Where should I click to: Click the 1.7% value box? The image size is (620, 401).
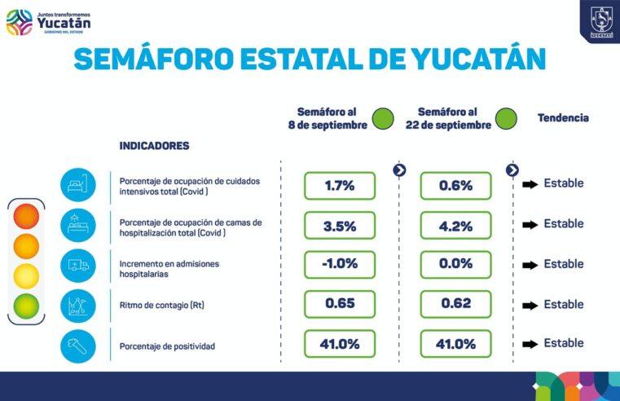pyautogui.click(x=339, y=185)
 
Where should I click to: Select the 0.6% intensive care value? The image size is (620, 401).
pyautogui.click(x=455, y=185)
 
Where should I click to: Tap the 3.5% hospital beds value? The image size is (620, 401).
pyautogui.click(x=339, y=226)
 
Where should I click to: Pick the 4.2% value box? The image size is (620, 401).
pyautogui.click(x=455, y=226)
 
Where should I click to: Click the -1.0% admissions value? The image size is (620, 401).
pyautogui.click(x=339, y=265)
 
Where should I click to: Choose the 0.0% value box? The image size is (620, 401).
pyautogui.click(x=455, y=265)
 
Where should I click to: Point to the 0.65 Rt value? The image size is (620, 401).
pyautogui.click(x=339, y=304)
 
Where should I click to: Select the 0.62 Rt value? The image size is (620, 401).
pyautogui.click(x=455, y=304)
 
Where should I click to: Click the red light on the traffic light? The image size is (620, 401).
pyautogui.click(x=26, y=216)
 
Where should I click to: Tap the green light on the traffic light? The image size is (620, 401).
pyautogui.click(x=26, y=306)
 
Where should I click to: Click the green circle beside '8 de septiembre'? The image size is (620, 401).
pyautogui.click(x=383, y=119)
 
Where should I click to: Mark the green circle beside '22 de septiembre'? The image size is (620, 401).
pyautogui.click(x=506, y=119)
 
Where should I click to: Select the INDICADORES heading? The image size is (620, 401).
pyautogui.click(x=154, y=146)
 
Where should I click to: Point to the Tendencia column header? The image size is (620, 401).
pyautogui.click(x=562, y=118)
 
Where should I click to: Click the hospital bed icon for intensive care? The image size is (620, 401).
pyautogui.click(x=77, y=185)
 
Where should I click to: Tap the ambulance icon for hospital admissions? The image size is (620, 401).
pyautogui.click(x=77, y=266)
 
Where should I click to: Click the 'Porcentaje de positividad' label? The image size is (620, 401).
pyautogui.click(x=167, y=346)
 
